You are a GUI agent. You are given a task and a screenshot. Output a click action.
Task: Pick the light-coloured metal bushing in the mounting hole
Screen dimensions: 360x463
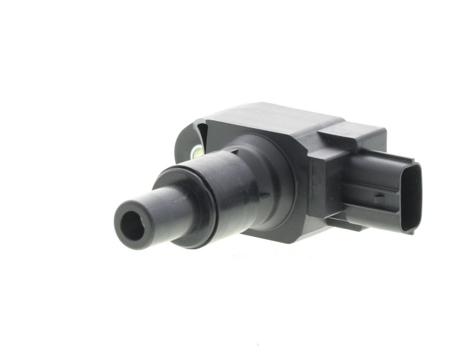click(195, 152)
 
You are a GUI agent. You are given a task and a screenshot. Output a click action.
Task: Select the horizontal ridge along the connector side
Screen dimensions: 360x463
click(371, 184)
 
